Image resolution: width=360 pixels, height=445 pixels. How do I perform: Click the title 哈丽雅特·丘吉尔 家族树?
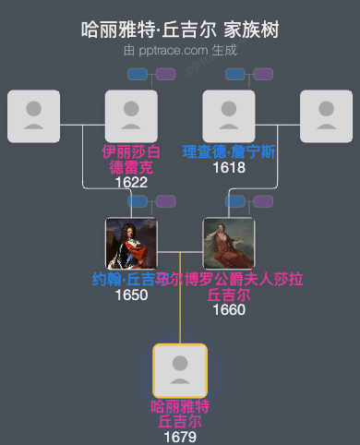[180, 30]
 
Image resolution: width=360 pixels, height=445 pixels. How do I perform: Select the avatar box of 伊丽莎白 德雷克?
[131, 116]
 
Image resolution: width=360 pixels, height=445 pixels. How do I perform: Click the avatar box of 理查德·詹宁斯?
[229, 116]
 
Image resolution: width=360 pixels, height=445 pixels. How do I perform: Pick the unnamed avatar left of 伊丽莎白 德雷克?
[33, 116]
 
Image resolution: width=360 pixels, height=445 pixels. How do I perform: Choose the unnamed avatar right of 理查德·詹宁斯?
[327, 116]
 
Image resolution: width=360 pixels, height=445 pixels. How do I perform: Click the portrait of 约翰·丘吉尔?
[131, 244]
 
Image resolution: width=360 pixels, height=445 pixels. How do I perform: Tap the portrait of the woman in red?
[229, 244]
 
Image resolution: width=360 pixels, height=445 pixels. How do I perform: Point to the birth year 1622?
[131, 183]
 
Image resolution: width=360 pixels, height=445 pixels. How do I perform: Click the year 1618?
[229, 167]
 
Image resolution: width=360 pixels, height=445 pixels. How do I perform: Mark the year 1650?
[131, 295]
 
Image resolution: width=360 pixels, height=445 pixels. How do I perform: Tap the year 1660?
[229, 309]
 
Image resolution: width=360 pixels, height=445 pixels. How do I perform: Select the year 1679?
[180, 436]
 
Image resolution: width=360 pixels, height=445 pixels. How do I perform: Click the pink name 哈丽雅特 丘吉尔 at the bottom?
[180, 414]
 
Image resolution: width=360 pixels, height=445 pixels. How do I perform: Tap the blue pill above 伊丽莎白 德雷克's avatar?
[138, 74]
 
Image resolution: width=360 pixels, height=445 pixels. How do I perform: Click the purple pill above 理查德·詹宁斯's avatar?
[263, 74]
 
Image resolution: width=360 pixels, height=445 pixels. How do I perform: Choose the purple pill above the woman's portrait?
[263, 201]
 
